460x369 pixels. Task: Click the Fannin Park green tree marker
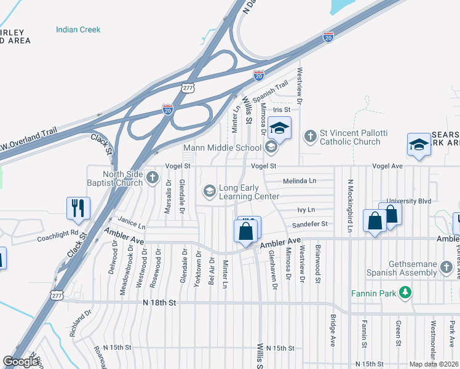click(x=405, y=293)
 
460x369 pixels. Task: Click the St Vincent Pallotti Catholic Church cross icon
click(x=311, y=135)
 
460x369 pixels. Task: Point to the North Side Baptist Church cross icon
click(x=153, y=180)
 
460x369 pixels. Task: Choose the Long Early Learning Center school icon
click(x=210, y=191)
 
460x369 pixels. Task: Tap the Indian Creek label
click(x=78, y=30)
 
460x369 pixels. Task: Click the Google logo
click(x=21, y=362)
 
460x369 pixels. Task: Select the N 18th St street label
click(x=159, y=303)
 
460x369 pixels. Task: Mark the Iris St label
click(x=281, y=110)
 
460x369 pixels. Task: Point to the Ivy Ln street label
click(x=306, y=210)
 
